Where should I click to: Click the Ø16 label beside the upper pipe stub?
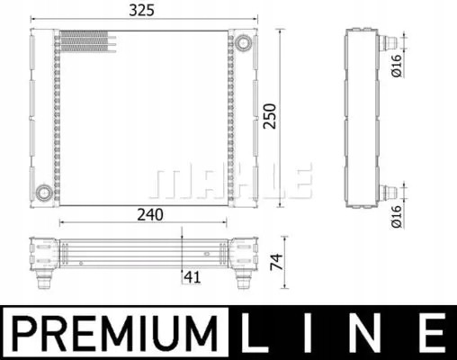[397, 67]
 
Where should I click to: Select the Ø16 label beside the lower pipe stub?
[397, 214]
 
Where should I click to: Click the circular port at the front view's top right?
[243, 40]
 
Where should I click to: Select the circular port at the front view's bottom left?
[41, 192]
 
